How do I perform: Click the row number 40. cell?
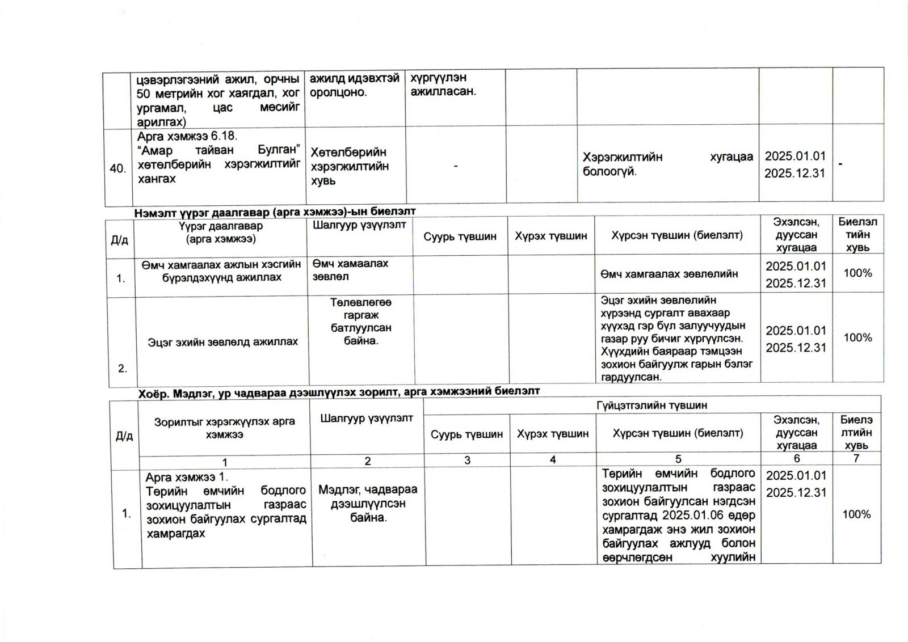click(x=117, y=168)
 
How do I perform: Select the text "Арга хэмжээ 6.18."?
click(x=187, y=137)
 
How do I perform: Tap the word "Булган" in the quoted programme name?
click(x=278, y=150)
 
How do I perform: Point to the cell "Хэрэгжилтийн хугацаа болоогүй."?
click(x=667, y=164)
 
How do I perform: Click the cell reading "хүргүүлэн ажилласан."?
click(x=443, y=85)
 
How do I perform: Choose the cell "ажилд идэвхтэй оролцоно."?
click(x=355, y=85)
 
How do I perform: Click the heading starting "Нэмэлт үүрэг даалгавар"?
click(x=275, y=212)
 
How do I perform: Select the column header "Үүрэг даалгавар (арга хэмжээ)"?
click(x=221, y=233)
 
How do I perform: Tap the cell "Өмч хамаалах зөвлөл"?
click(x=350, y=270)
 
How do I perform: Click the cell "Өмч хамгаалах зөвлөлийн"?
click(x=669, y=274)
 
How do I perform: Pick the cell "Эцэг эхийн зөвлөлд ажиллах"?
click(x=222, y=342)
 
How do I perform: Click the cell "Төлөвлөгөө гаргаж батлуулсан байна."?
click(x=360, y=322)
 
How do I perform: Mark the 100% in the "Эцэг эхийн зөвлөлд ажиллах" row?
click(x=857, y=338)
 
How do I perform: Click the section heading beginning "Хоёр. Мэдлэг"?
click(x=339, y=391)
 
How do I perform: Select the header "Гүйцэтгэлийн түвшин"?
click(x=651, y=406)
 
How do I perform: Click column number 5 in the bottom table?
click(x=678, y=459)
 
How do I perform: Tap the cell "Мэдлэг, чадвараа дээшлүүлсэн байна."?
click(x=368, y=504)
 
